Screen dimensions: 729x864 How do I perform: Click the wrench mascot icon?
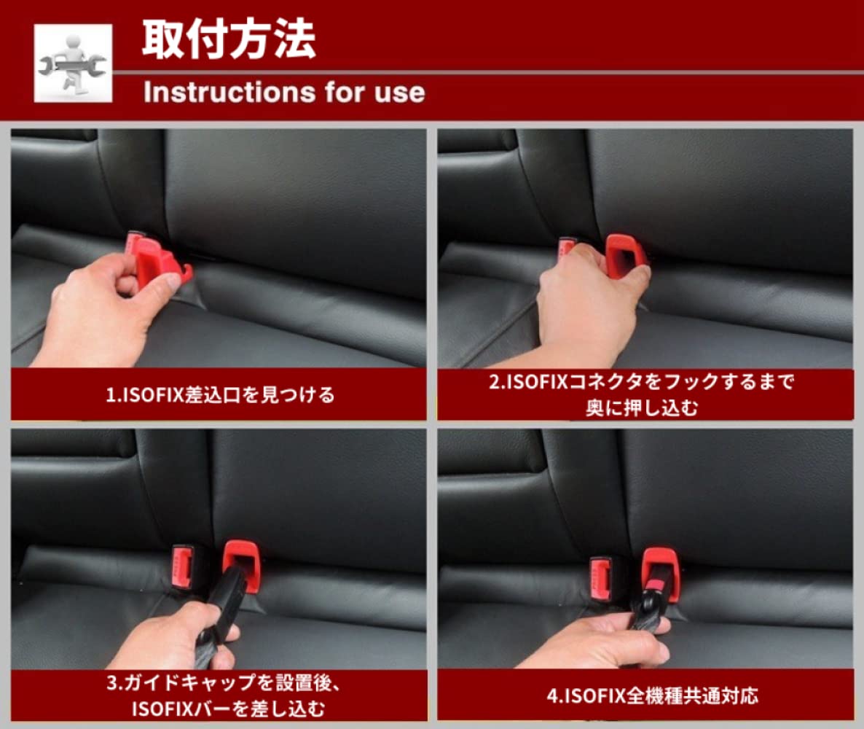[x=73, y=63]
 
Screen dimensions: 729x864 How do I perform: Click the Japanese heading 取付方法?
[x=228, y=39]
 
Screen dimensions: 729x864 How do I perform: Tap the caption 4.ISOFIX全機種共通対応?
[x=652, y=695]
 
